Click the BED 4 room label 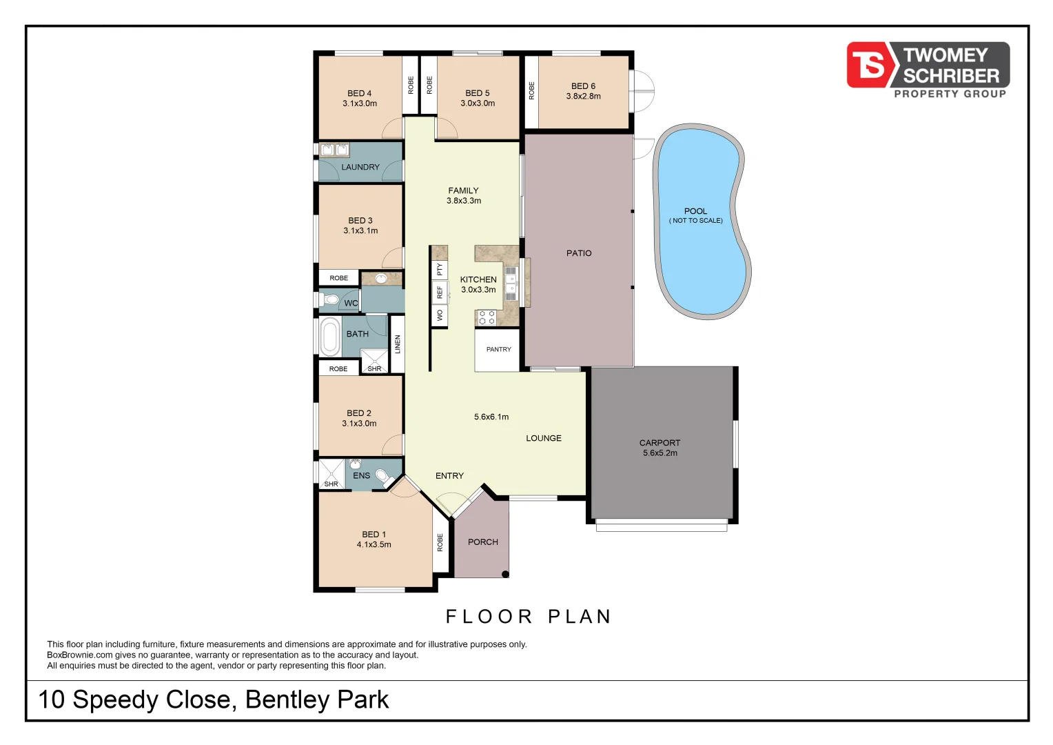click(359, 93)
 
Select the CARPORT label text click(660, 443)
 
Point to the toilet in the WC click(330, 300)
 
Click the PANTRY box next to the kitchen click(498, 350)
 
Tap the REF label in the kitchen click(440, 292)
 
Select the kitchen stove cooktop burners click(487, 317)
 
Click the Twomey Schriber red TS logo click(869, 65)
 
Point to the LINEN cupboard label click(398, 344)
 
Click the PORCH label click(482, 542)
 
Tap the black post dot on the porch click(505, 574)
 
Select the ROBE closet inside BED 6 click(531, 91)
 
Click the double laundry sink click(334, 150)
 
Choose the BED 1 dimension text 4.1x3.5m click(374, 545)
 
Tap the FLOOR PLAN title click(529, 617)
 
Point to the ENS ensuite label click(361, 475)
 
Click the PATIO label click(579, 253)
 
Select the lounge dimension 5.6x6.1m click(491, 417)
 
